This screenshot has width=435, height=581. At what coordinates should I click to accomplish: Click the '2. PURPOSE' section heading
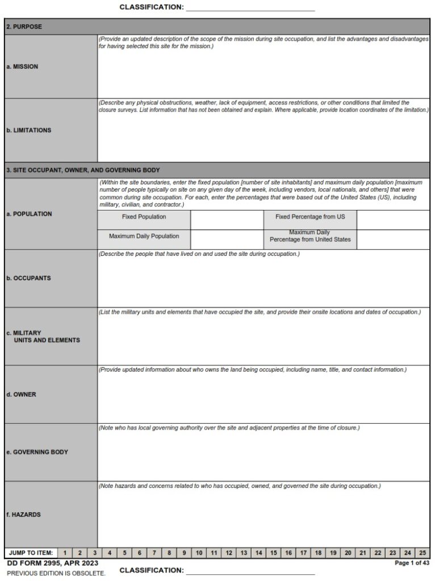click(x=24, y=27)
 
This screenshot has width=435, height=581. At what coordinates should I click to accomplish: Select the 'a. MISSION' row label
click(x=22, y=66)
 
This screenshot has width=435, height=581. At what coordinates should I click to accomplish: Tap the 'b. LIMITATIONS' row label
click(x=28, y=130)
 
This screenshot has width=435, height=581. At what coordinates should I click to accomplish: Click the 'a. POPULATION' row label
click(x=29, y=214)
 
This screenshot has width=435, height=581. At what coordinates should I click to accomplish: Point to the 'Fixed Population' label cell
click(x=144, y=217)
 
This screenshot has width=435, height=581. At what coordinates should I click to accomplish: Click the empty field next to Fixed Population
click(x=227, y=220)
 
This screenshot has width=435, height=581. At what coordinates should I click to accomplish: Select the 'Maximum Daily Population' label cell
click(x=144, y=236)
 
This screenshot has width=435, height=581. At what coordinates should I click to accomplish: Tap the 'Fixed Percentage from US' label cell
click(x=309, y=217)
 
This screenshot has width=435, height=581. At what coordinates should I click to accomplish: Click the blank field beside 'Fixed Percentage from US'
click(x=393, y=220)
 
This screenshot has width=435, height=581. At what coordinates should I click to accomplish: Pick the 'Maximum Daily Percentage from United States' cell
click(x=309, y=236)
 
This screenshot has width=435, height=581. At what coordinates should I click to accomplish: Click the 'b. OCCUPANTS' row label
click(x=28, y=278)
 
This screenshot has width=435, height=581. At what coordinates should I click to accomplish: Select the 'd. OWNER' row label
click(x=21, y=394)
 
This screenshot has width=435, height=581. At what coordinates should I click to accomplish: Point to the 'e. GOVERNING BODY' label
click(x=37, y=452)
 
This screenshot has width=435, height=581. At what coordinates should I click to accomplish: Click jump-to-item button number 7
click(x=154, y=553)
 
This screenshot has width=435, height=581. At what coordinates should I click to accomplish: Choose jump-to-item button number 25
click(x=422, y=553)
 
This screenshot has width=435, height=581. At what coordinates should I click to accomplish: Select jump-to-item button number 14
click(x=258, y=553)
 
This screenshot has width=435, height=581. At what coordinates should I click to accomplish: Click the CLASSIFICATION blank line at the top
click(x=250, y=8)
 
